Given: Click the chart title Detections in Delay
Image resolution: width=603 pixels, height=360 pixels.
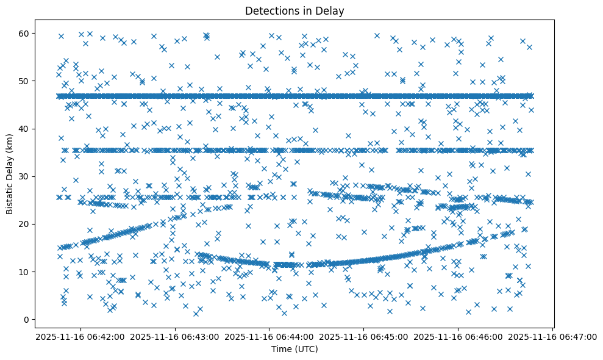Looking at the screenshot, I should (294, 10).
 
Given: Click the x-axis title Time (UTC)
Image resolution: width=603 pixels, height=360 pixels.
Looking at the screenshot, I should (294, 349).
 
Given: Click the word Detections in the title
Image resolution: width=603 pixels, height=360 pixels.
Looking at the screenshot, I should (270, 10).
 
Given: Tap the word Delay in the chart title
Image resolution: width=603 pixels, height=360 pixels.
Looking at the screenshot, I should (332, 10).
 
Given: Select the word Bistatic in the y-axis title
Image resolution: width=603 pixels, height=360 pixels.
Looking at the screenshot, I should (10, 195).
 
